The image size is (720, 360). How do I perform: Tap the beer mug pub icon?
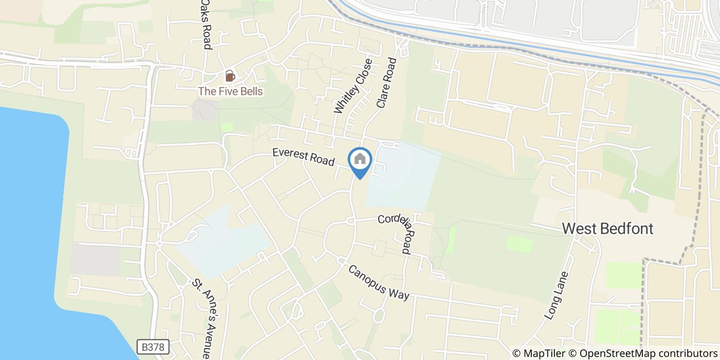click(x=230, y=77)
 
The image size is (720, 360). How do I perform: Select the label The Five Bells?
click(x=231, y=92)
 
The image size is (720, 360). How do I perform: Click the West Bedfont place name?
click(x=608, y=228)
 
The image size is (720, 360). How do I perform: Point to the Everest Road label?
click(x=303, y=156)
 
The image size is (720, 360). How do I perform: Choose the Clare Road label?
click(x=387, y=82)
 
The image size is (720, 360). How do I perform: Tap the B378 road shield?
click(x=154, y=347)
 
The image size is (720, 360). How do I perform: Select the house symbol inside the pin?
click(x=360, y=158)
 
